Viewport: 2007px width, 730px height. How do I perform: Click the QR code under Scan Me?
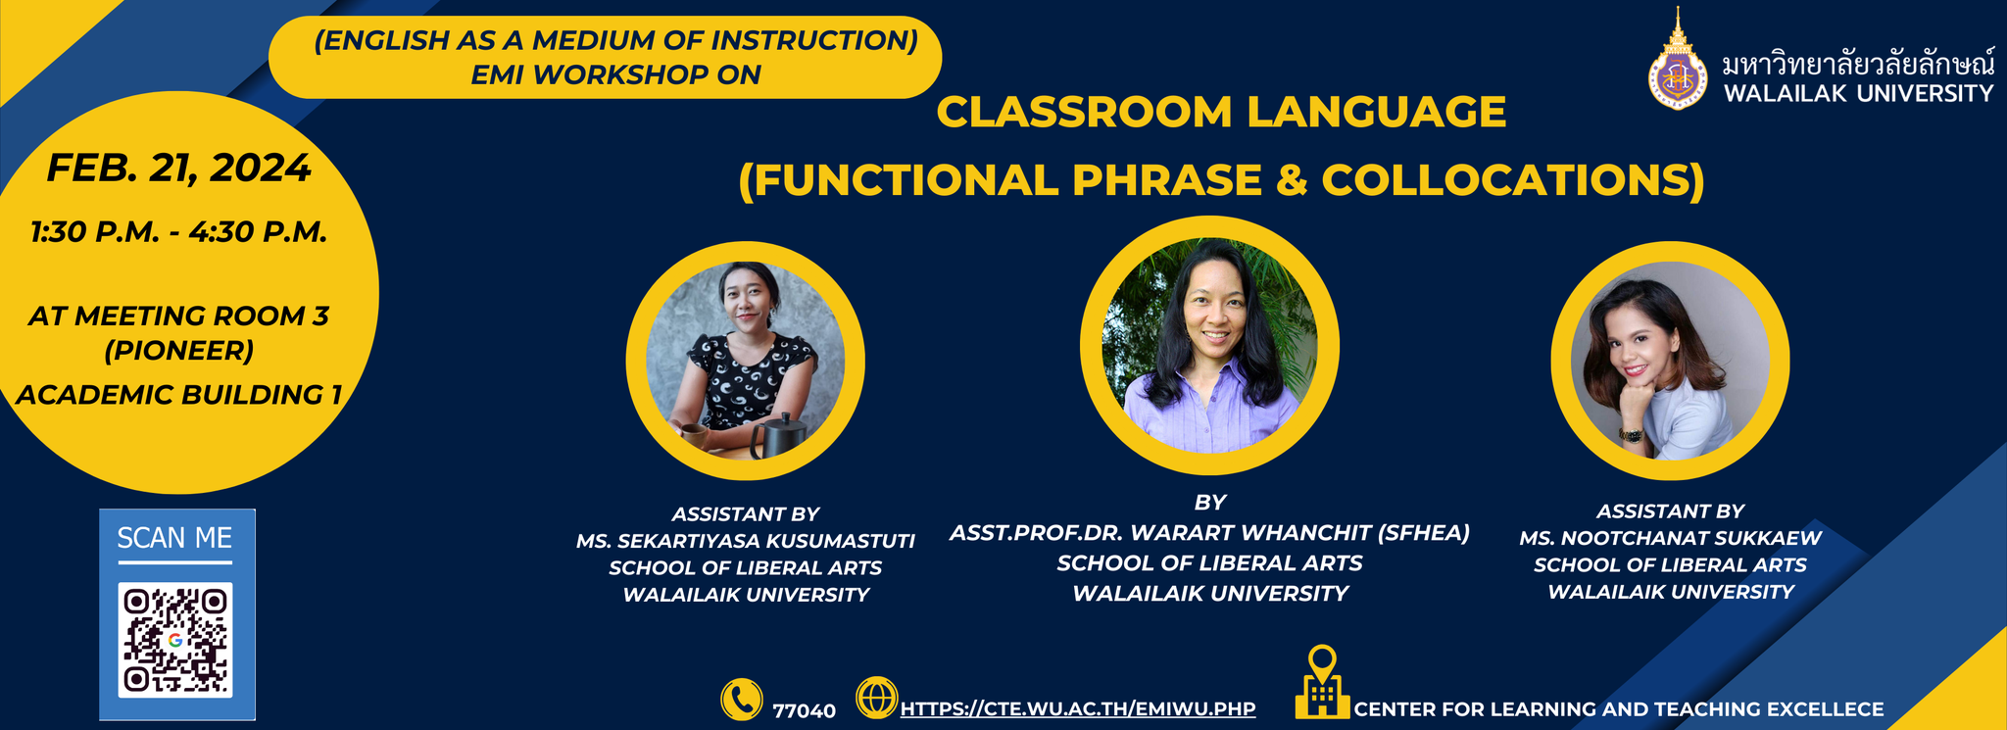click(x=175, y=640)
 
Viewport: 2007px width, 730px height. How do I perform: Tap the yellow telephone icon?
click(x=742, y=700)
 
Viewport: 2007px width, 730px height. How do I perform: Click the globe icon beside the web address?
click(x=877, y=698)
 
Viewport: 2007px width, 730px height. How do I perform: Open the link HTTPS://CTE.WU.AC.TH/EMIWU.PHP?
click(x=1078, y=708)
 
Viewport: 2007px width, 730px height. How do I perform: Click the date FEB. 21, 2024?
click(x=179, y=169)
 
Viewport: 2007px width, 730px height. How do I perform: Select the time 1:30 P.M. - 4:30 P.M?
click(x=179, y=232)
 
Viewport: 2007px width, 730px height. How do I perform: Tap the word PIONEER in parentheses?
click(x=179, y=350)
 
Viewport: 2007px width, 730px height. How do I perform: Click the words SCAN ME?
click(x=174, y=538)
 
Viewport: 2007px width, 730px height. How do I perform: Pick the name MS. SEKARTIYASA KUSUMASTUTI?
click(x=746, y=541)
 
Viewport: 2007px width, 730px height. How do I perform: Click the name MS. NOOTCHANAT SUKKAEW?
click(x=1671, y=538)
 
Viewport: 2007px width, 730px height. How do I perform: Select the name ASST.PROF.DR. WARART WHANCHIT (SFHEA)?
click(x=1210, y=532)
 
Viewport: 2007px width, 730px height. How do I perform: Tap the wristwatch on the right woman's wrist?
click(x=1631, y=434)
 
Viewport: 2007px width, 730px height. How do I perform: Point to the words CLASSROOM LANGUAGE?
click(x=1221, y=112)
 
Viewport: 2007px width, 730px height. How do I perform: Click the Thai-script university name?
click(x=1859, y=65)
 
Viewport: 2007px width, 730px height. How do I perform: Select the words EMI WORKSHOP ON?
click(x=615, y=74)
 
